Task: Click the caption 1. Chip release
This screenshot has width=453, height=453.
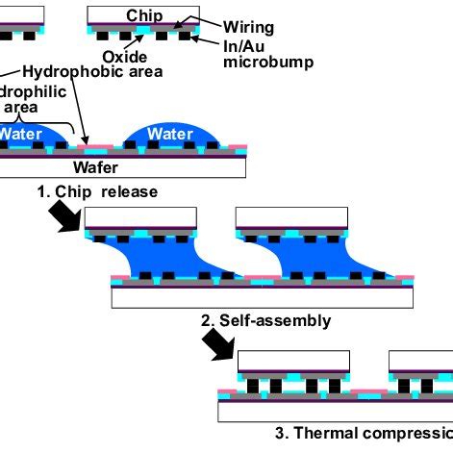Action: point(97,191)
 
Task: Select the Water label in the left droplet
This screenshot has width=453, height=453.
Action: point(19,135)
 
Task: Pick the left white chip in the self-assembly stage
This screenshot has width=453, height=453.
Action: point(140,217)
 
